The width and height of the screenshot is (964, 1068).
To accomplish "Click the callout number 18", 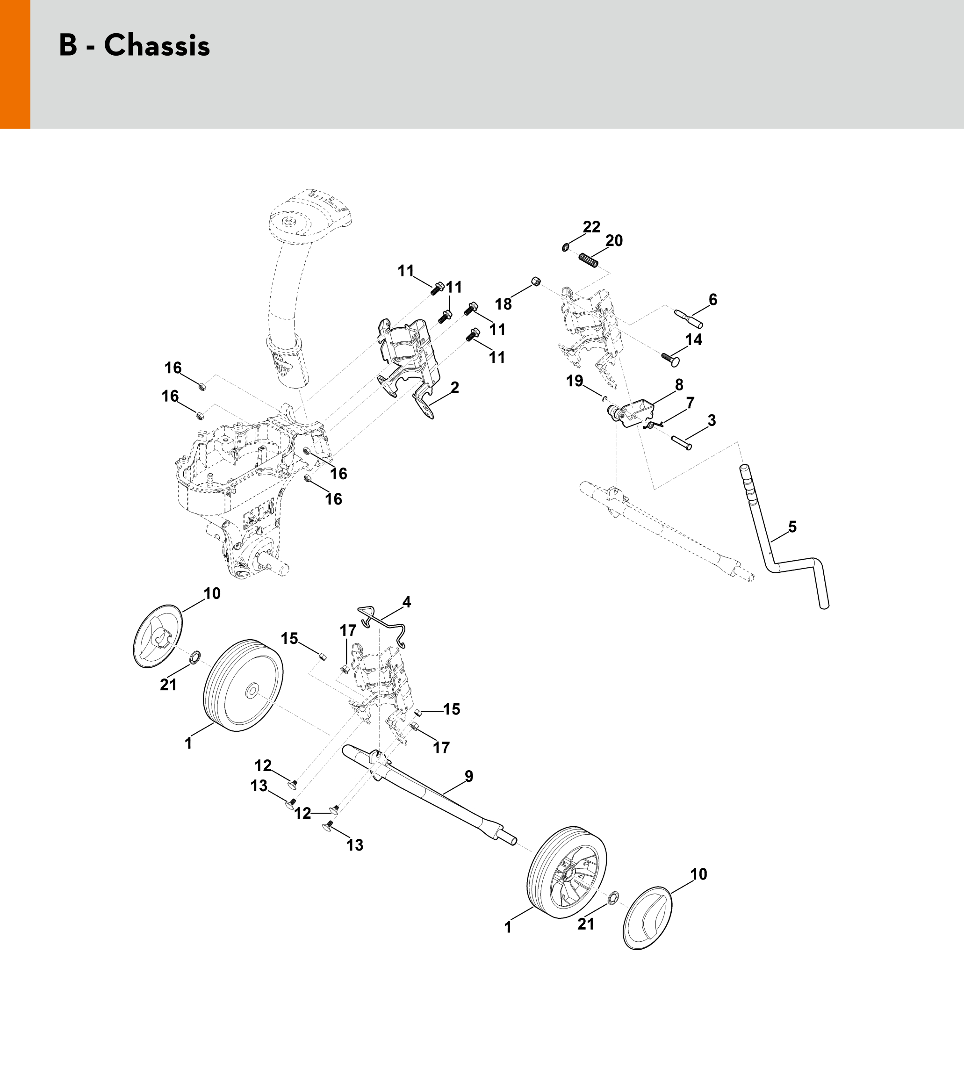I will pyautogui.click(x=503, y=304).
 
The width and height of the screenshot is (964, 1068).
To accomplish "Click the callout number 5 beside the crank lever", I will pyautogui.click(x=792, y=527).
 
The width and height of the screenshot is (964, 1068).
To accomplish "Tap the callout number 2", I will pyautogui.click(x=454, y=387).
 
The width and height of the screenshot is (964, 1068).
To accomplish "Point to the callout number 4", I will pyautogui.click(x=406, y=602).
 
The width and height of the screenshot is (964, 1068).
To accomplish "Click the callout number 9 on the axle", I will pyautogui.click(x=469, y=776).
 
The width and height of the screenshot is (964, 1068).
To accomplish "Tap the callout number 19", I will pyautogui.click(x=575, y=381).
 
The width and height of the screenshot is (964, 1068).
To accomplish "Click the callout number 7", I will pyautogui.click(x=690, y=403).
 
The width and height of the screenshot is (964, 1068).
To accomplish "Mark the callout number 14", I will pyautogui.click(x=693, y=339).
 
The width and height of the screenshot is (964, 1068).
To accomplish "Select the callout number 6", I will pyautogui.click(x=713, y=300).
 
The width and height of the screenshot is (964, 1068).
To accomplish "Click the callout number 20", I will pyautogui.click(x=614, y=240).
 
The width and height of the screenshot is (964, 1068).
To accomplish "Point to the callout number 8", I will pyautogui.click(x=678, y=385).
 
